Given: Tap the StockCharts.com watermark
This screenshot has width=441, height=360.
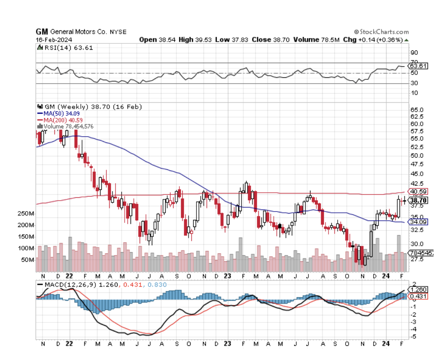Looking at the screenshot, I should coord(381,32).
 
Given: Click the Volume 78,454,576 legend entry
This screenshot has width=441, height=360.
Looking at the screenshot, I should coord(68,126).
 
